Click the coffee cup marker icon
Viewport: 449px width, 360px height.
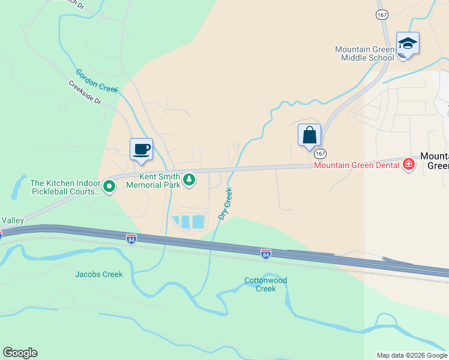[141, 149]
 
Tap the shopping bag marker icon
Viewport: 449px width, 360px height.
[309, 134]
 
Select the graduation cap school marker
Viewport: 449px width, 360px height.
[408, 43]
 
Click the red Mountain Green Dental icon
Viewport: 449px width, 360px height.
[409, 164]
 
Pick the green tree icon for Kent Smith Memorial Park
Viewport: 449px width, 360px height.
[189, 180]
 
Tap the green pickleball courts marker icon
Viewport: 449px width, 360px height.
[109, 187]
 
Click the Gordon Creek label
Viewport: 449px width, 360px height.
[97, 80]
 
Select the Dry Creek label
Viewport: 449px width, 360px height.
[226, 204]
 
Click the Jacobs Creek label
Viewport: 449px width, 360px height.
[98, 275]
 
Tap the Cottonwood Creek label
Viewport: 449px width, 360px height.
[266, 284]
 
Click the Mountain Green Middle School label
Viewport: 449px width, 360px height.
[364, 53]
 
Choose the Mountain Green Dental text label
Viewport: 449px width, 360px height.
[357, 165]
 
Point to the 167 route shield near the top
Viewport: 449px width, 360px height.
[381, 14]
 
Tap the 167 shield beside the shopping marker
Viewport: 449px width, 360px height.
[320, 154]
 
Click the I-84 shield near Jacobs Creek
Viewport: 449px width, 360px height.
[132, 239]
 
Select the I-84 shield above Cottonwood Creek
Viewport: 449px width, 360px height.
[265, 254]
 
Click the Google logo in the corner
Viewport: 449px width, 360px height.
[20, 353]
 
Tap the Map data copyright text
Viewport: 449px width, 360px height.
[411, 355]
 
